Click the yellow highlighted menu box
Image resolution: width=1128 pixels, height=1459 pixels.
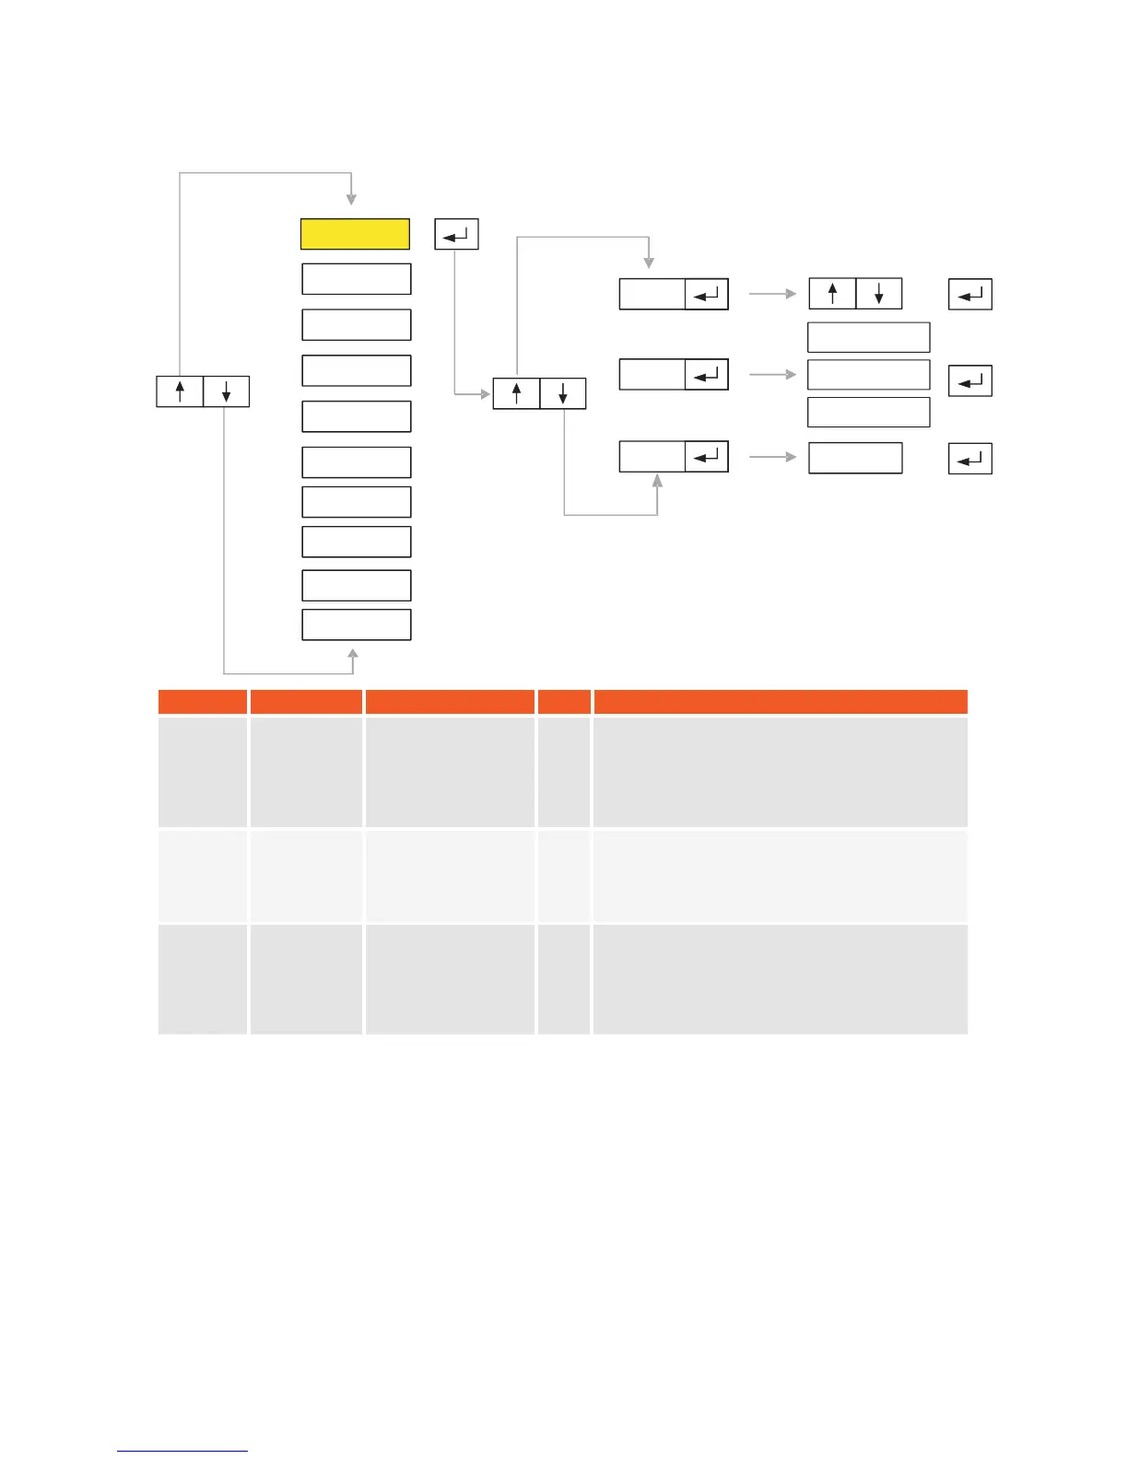tap(355, 234)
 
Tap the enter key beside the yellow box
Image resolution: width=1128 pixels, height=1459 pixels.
tap(456, 235)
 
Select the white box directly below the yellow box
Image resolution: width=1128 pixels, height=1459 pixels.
tap(356, 279)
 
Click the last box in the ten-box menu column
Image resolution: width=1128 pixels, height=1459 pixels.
tap(356, 624)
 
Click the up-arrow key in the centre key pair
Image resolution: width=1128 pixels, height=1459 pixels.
tap(516, 394)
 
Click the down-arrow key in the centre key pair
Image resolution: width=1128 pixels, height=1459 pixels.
tap(562, 394)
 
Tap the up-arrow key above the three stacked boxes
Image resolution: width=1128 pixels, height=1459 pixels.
tap(832, 294)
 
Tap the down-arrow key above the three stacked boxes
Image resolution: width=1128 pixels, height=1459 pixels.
tap(879, 294)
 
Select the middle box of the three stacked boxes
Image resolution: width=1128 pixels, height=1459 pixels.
tap(868, 375)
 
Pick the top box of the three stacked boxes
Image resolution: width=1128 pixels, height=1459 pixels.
tap(868, 337)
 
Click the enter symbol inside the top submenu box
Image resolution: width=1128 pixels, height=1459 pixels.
tap(707, 295)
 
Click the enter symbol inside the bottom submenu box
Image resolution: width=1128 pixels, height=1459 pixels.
tap(707, 457)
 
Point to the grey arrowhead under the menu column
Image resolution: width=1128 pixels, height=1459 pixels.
tap(352, 655)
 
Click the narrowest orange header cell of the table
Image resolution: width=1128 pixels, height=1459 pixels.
tap(564, 702)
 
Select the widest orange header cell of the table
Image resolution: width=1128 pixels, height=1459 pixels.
tap(780, 702)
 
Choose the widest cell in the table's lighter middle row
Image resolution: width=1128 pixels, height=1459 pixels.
tap(780, 876)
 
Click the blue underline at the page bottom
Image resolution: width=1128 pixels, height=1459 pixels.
tap(182, 1451)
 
